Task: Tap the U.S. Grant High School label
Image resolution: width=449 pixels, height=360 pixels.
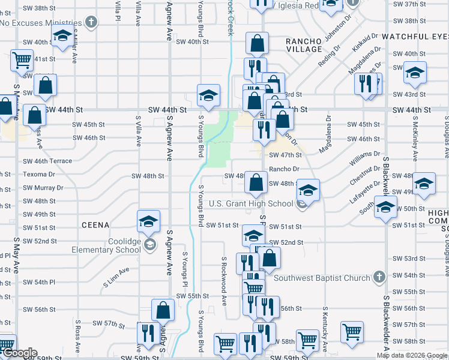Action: (251, 203)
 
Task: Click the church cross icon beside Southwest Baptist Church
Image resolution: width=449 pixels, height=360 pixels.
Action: (379, 277)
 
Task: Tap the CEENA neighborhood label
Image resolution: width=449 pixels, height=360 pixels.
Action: (96, 225)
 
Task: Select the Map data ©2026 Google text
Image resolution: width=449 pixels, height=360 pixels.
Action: (412, 355)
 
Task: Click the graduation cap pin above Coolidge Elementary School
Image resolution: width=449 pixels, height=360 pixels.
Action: (148, 221)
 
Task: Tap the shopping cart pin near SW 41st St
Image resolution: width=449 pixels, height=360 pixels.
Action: (22, 60)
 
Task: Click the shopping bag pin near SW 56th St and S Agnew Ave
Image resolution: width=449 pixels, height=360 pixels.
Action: (163, 310)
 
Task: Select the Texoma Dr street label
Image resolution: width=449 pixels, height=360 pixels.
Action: (38, 175)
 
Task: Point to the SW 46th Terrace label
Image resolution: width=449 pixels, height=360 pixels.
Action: (47, 161)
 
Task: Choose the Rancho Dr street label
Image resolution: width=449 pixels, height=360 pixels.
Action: (284, 169)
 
